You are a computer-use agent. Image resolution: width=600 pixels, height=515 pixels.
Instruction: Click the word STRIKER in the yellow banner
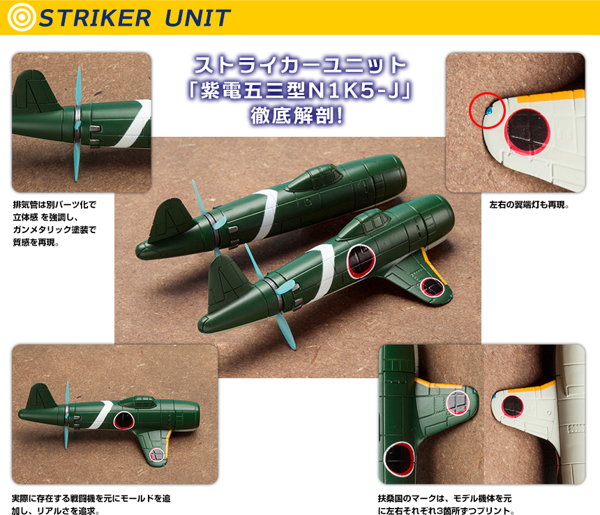(x=94, y=18)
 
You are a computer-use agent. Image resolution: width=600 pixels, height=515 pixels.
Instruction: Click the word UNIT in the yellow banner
(x=197, y=18)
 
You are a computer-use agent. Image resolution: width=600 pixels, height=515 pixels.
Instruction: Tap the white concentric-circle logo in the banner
(x=22, y=17)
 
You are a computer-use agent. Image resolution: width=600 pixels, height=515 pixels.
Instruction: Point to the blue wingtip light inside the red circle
(x=488, y=110)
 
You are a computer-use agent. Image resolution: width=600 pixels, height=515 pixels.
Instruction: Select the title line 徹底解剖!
(x=297, y=116)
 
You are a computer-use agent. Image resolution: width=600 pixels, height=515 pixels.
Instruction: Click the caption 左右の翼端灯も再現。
(x=529, y=204)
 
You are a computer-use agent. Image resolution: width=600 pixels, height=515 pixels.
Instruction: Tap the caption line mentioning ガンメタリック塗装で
(x=54, y=230)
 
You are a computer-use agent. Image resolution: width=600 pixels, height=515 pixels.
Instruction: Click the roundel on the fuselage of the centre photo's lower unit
(x=361, y=261)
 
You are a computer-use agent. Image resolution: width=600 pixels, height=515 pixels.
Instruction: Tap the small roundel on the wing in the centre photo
(x=432, y=287)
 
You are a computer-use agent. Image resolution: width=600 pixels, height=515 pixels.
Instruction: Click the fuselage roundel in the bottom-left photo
(x=123, y=420)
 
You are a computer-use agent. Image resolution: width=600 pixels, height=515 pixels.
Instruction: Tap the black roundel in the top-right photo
(x=527, y=132)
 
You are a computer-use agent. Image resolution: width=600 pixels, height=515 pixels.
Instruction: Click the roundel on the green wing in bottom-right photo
(x=458, y=403)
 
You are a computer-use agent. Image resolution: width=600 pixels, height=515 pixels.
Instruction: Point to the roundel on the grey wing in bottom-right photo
(x=512, y=406)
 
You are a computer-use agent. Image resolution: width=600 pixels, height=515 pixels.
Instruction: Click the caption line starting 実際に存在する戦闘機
(x=91, y=498)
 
